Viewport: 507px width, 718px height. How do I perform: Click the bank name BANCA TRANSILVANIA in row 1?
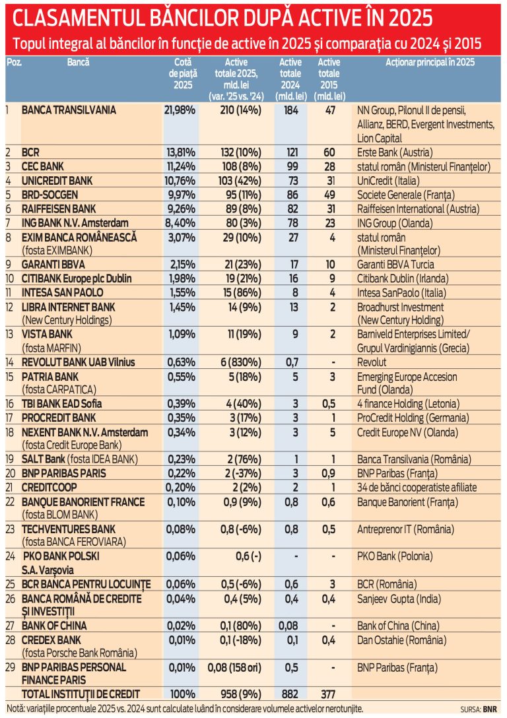69,110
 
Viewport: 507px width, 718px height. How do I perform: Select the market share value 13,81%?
181,152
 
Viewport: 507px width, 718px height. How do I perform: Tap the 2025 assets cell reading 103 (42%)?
240,181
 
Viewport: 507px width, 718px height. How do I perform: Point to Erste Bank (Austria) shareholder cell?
395,152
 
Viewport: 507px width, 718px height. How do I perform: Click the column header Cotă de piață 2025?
183,74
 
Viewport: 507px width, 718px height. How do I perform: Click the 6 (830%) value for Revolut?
241,362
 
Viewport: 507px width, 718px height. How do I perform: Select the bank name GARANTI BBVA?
53,265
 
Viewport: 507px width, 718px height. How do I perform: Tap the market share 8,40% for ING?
182,224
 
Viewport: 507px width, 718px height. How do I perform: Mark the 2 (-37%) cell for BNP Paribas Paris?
243,473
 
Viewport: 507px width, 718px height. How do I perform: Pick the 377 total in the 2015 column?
328,694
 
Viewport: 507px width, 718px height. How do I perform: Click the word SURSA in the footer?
470,709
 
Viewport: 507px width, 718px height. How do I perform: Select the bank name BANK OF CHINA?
54,626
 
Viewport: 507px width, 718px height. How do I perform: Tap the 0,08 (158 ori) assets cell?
234,668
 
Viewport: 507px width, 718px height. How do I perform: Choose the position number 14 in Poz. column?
11,362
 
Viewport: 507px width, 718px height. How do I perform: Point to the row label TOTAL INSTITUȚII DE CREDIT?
81,694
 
